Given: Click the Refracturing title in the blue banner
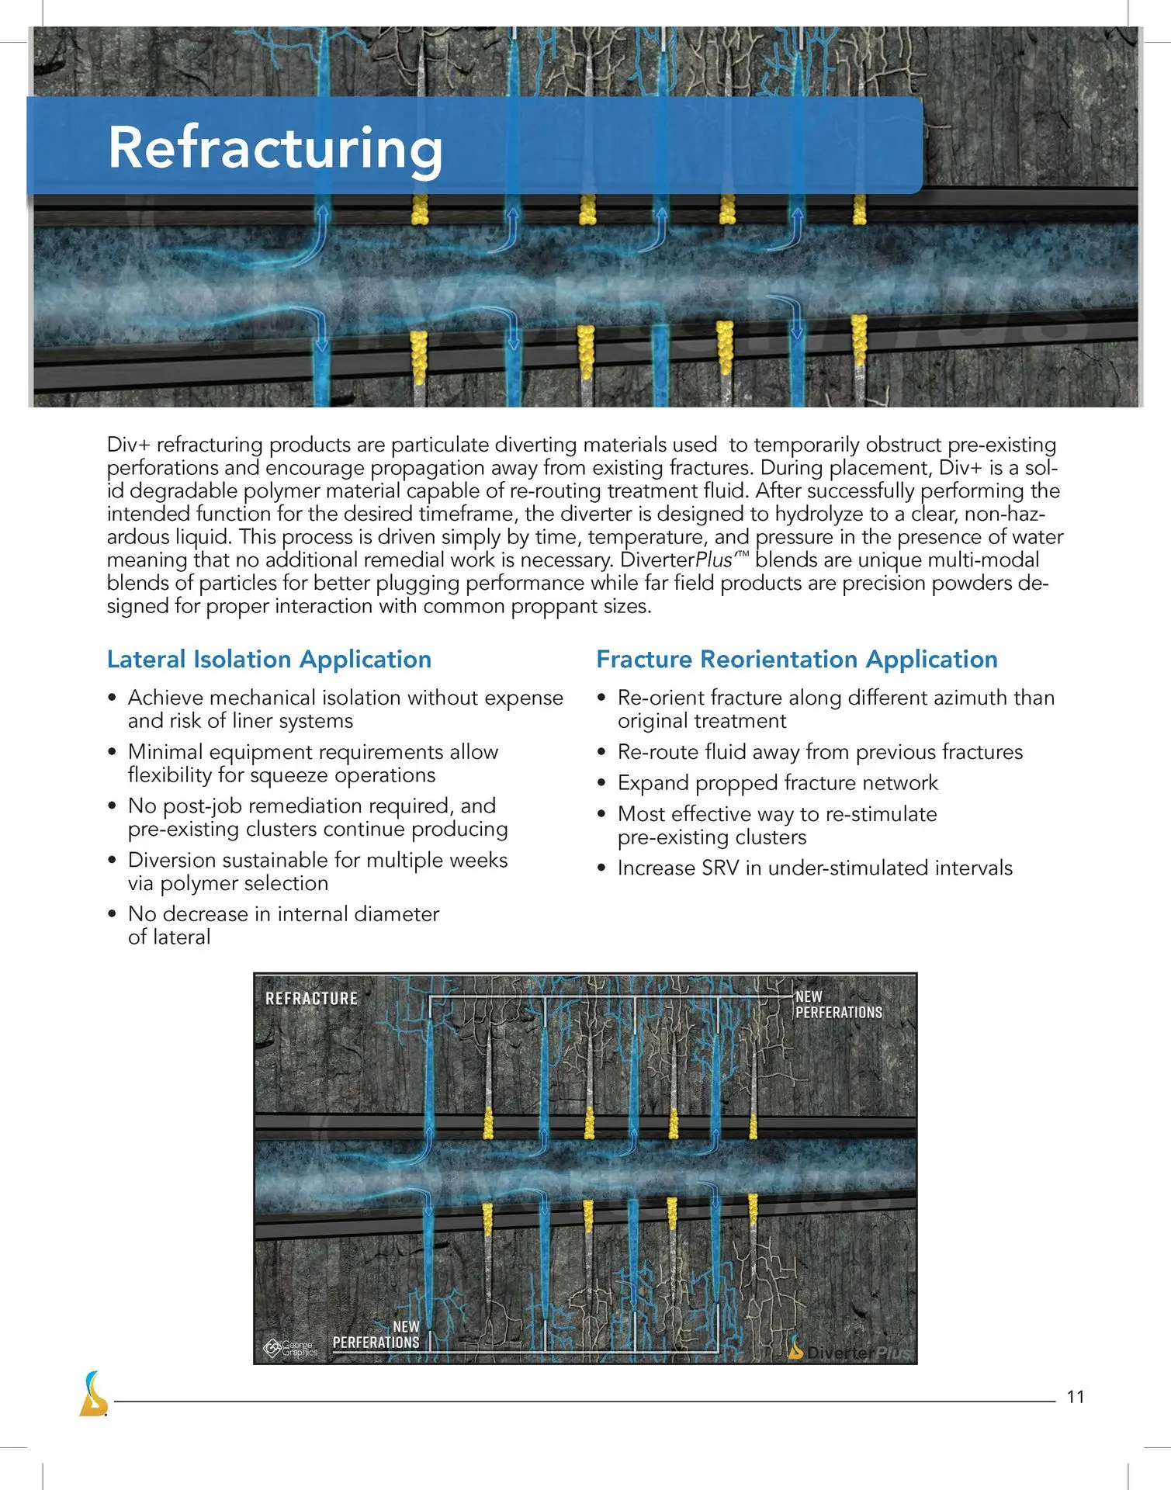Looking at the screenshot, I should (275, 148).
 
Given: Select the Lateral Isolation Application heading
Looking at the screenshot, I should (268, 659).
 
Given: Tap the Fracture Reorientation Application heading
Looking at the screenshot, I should (796, 659).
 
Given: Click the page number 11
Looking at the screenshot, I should (1075, 1397).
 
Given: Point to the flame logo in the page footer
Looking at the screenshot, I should (93, 1394).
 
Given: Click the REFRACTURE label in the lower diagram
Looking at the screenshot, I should (311, 999).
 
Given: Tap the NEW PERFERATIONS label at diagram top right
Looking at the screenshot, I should (838, 1005).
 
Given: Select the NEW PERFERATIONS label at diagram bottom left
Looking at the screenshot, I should (376, 1335).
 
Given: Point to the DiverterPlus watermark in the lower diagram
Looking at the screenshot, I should (851, 1352).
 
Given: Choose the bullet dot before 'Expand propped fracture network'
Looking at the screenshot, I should (601, 784).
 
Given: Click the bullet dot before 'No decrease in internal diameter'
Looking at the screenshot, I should (113, 915).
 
